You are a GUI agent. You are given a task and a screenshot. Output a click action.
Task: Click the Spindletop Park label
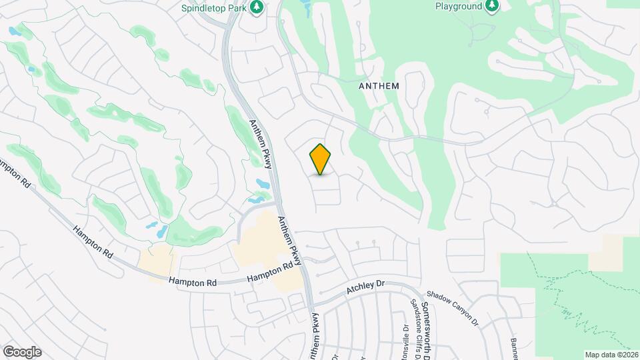pos(213,8)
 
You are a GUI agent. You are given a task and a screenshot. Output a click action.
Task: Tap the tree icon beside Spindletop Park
pos(257,7)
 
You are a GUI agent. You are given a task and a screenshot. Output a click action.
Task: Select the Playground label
pos(458,6)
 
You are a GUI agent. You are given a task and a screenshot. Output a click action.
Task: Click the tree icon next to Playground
pos(492,6)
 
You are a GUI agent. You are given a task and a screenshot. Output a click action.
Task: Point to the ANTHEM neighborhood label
pos(379,85)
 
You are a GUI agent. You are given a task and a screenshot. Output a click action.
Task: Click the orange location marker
pos(321,159)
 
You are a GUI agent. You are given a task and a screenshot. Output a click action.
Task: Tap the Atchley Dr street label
pos(366,288)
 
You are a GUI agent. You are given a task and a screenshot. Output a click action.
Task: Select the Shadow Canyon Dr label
pos(453,307)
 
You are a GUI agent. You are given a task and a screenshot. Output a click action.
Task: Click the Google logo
pos(22,351)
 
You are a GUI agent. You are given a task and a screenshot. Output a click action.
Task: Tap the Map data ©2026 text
pos(611,354)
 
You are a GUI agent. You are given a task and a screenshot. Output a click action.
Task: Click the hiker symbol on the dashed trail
pos(570,310)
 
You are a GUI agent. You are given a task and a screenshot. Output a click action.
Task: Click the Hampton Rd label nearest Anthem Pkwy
pos(270,273)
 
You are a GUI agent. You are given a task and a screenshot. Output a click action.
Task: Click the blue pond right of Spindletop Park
pos(305,7)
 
